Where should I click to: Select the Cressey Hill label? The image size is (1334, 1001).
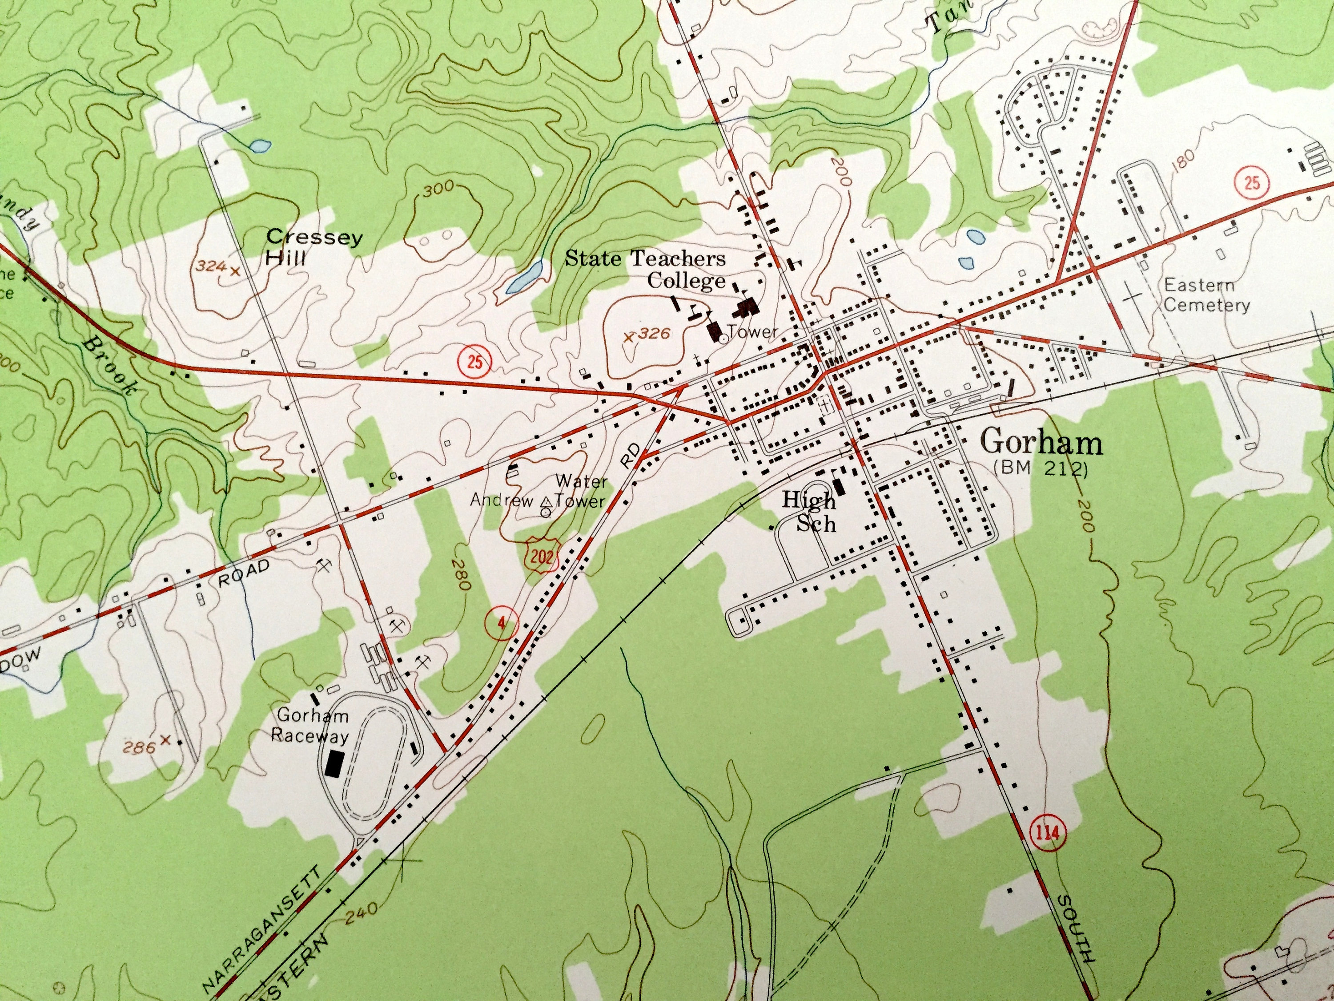pyautogui.click(x=313, y=247)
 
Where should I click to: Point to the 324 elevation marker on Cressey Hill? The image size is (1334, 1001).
pyautogui.click(x=216, y=266)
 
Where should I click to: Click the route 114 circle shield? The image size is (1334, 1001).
pyautogui.click(x=1048, y=833)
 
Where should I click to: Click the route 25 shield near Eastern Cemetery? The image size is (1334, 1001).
pyautogui.click(x=1251, y=182)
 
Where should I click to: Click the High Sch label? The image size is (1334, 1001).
pyautogui.click(x=810, y=512)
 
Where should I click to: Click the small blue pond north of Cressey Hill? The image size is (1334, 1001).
pyautogui.click(x=260, y=145)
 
